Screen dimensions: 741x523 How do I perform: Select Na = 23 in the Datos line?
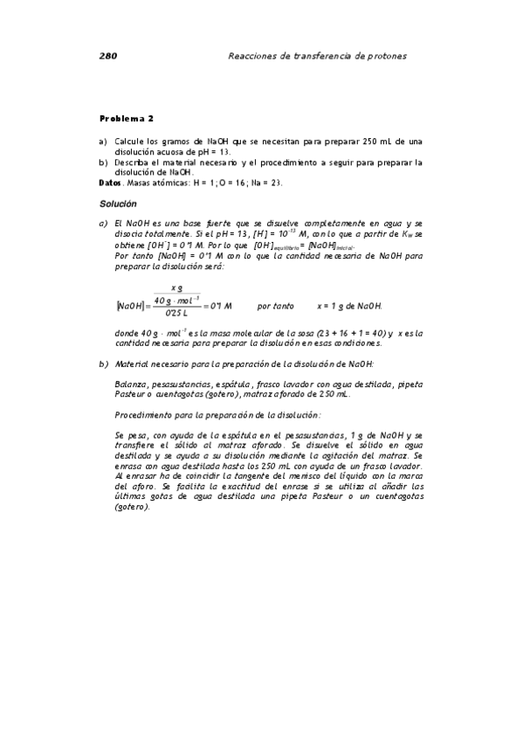coord(267,183)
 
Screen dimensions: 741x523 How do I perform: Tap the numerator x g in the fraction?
coord(177,287)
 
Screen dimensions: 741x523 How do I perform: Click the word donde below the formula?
coord(127,333)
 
